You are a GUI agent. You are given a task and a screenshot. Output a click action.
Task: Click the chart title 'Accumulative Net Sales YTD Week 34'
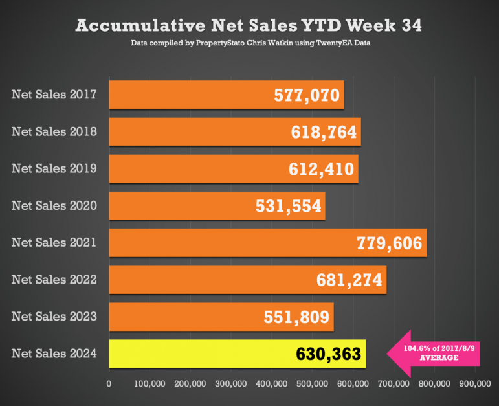(249, 25)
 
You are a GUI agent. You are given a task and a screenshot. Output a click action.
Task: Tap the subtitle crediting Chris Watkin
(249, 44)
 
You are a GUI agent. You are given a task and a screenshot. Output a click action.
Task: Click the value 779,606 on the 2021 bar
(389, 243)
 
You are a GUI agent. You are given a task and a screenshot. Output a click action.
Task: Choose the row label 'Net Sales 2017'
(54, 95)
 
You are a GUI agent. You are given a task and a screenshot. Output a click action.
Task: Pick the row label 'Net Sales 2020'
(54, 205)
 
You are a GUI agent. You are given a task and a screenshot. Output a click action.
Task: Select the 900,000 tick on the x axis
(475, 384)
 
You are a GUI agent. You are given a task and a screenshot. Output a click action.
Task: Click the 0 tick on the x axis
(109, 384)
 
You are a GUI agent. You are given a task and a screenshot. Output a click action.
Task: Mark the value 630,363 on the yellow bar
(329, 354)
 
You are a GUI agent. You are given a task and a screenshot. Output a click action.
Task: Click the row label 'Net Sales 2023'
(54, 317)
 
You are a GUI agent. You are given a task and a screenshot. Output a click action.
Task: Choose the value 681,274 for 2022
(349, 280)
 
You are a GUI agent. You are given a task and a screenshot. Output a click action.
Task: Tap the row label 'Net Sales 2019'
(54, 168)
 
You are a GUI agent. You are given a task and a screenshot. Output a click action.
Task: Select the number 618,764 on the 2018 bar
(324, 132)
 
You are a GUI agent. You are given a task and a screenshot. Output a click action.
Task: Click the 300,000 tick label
(231, 384)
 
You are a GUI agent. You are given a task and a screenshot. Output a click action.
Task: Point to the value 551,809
(297, 317)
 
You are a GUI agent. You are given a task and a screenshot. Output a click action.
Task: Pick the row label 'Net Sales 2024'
(54, 354)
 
